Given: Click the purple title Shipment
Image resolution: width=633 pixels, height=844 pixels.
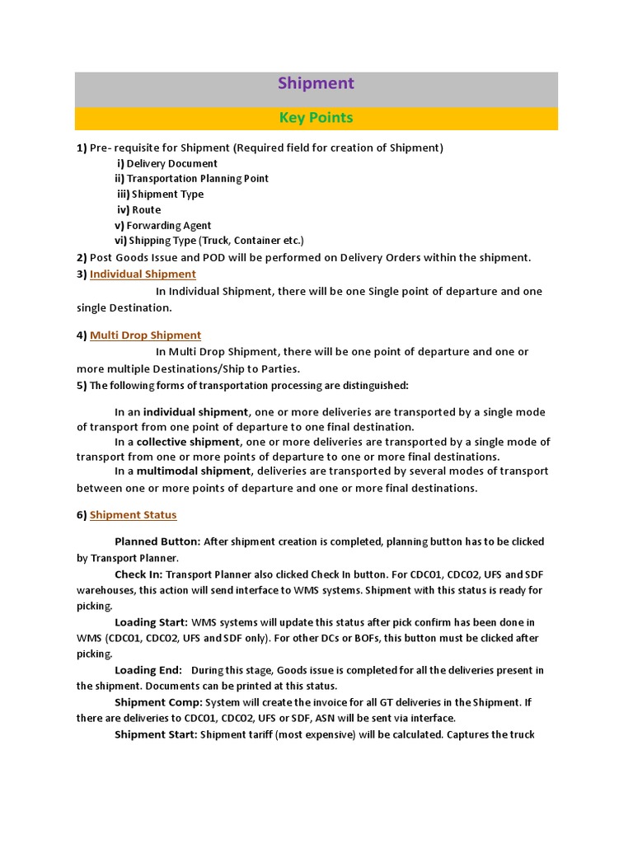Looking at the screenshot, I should click(x=316, y=83).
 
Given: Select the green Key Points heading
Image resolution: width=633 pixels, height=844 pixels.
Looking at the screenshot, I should click(x=316, y=118).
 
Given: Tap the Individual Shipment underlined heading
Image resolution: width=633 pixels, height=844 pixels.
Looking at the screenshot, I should click(x=143, y=274).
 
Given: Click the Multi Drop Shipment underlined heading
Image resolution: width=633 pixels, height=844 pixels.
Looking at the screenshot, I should click(x=145, y=335).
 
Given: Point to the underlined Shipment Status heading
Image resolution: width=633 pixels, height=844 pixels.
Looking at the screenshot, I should click(x=133, y=514).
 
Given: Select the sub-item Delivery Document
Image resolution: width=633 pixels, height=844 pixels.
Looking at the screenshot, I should click(x=171, y=163).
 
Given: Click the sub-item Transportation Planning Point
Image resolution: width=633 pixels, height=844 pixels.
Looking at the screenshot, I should click(x=197, y=178).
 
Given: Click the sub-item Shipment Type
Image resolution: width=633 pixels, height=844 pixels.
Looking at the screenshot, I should click(x=167, y=194).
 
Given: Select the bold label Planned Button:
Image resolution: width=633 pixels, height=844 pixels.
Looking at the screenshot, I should click(x=157, y=542).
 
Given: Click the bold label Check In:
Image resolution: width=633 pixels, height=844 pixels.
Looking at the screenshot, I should click(x=138, y=574).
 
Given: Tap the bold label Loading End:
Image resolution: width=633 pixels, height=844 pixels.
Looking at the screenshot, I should click(x=148, y=670).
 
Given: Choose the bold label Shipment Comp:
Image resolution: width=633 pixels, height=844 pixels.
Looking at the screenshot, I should click(x=158, y=702).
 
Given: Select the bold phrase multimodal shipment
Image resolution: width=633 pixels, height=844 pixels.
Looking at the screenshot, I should click(x=181, y=471).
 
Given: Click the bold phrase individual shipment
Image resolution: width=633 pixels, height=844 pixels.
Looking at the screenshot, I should click(x=195, y=411).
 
